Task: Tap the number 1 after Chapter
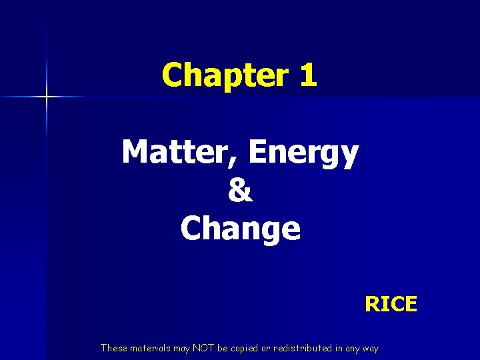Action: [x=307, y=75]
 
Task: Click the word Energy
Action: [x=303, y=154]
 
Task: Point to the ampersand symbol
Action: [x=240, y=191]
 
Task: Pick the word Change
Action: [x=240, y=229]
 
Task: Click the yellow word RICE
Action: [x=391, y=305]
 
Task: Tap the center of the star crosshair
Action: [x=47, y=97]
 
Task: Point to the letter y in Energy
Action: [x=349, y=157]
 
